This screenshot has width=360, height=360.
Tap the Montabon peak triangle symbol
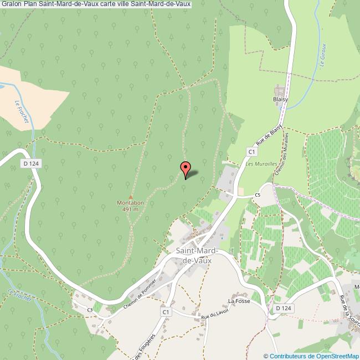tap(131, 197)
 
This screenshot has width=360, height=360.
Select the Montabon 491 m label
tap(130, 206)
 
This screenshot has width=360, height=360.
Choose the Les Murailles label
tap(256, 164)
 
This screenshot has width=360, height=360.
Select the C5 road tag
tap(258, 195)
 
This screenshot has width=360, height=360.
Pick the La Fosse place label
tap(239, 301)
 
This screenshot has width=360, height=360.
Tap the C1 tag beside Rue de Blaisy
tap(251, 151)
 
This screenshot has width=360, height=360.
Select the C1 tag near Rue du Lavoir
tap(165, 312)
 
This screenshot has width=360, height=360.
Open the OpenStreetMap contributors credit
tap(311, 356)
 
